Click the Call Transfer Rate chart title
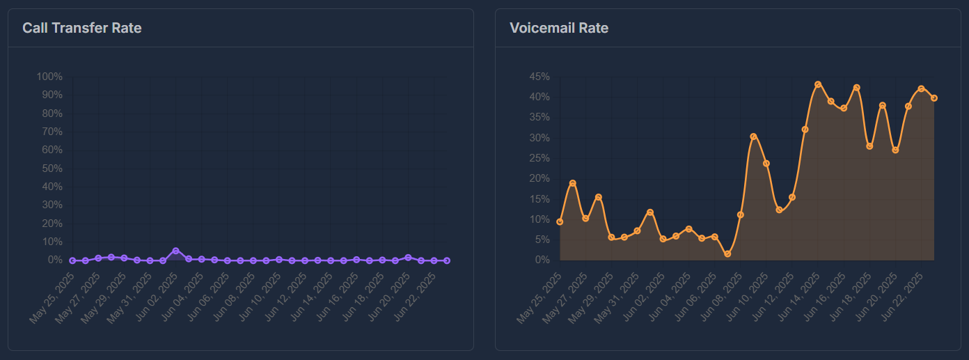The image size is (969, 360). (81, 29)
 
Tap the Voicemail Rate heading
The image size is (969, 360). (559, 29)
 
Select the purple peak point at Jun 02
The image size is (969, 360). (176, 251)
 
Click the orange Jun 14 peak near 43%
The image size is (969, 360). (818, 84)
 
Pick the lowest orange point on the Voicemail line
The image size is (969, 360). (727, 254)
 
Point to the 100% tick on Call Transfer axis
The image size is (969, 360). (49, 77)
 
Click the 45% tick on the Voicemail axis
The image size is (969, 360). (539, 77)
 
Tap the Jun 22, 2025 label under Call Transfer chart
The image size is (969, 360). (416, 299)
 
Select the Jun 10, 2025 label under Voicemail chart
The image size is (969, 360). (748, 299)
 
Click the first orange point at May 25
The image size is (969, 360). (560, 221)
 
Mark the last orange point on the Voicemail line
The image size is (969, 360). (934, 98)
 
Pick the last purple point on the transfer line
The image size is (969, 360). (447, 260)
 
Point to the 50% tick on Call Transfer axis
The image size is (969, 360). (52, 169)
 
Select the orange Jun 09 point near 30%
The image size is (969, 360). (753, 136)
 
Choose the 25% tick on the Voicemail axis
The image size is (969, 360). (539, 158)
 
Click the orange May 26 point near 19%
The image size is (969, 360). (573, 183)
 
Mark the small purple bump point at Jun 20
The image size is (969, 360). (408, 258)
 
